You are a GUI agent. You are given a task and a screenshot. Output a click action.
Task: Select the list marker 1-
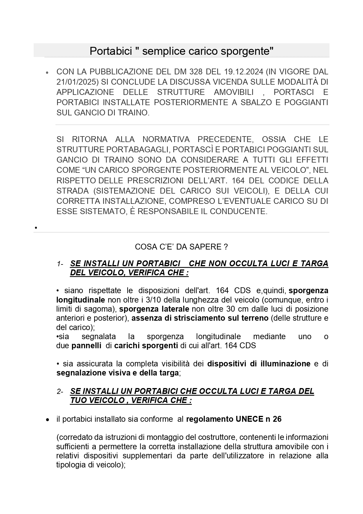pos(60,264)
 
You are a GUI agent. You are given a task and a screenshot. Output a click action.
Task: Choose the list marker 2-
pos(60,392)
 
